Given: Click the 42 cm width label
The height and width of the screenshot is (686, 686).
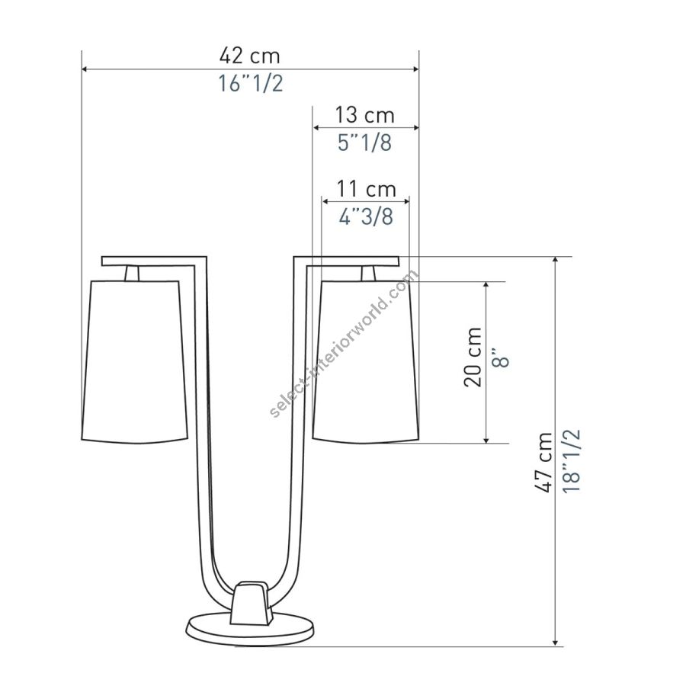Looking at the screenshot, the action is (249, 56).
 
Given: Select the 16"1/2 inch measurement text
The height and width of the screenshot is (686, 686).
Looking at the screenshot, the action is (251, 83).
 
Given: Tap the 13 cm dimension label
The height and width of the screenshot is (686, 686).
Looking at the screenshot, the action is (365, 115).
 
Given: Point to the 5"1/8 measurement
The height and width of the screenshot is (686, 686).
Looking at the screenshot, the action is (365, 143).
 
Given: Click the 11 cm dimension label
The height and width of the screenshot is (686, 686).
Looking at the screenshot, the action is (366, 189).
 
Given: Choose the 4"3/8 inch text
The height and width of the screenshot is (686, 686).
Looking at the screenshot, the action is (366, 216).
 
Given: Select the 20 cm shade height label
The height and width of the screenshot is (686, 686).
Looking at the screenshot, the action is (473, 357).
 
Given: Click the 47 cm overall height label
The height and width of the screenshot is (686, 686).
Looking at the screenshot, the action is (544, 462).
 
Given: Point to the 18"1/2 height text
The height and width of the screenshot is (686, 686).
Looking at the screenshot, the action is (572, 461).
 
